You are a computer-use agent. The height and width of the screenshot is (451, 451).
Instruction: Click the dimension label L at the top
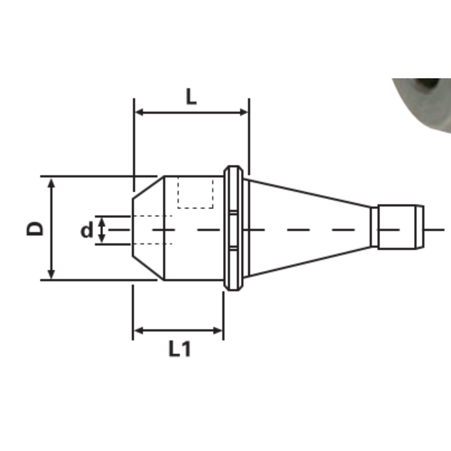(191, 96)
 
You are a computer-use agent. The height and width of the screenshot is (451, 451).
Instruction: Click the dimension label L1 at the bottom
(180, 349)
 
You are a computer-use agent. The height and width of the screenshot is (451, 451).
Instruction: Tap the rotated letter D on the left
(36, 228)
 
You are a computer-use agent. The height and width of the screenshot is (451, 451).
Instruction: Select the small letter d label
(87, 230)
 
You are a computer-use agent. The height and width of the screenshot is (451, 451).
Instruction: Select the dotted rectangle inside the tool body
(196, 192)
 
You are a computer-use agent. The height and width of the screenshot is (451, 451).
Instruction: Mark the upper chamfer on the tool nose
(148, 187)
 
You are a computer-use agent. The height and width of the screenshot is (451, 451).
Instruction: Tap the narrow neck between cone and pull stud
(374, 227)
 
